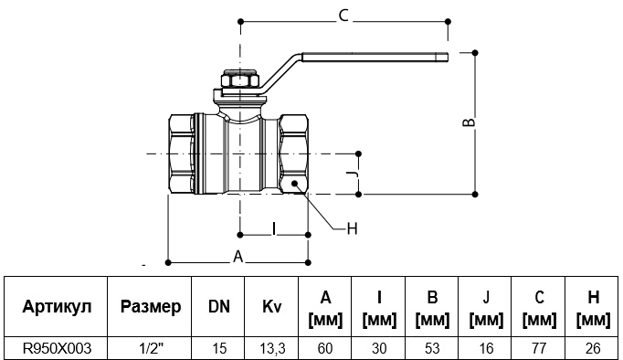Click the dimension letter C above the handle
(x=343, y=16)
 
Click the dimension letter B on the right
(x=470, y=122)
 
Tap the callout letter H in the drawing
(x=352, y=228)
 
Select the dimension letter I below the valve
(x=274, y=228)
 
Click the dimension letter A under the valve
(x=238, y=257)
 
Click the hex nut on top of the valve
(x=239, y=80)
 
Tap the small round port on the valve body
(x=295, y=183)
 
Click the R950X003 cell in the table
(x=57, y=348)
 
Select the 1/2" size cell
(x=152, y=348)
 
